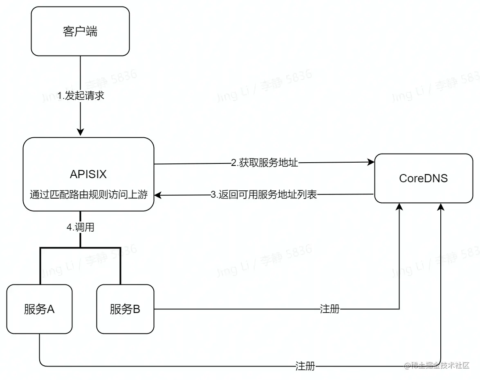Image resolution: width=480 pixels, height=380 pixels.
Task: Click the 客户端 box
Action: click(80, 31)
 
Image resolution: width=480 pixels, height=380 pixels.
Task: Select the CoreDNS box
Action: click(423, 178)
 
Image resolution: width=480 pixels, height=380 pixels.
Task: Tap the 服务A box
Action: click(39, 309)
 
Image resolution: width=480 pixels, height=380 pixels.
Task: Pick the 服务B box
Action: click(125, 309)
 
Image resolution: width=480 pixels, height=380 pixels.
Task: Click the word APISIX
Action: click(88, 174)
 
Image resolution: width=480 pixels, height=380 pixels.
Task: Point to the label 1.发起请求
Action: click(81, 96)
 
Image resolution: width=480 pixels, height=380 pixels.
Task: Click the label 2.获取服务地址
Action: click(265, 163)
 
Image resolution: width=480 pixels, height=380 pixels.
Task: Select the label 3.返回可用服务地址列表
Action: click(264, 195)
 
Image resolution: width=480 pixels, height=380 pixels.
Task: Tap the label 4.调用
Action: click(81, 228)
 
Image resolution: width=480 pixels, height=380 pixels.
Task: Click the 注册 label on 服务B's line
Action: click(330, 309)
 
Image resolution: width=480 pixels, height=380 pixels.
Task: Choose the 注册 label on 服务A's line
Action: click(305, 366)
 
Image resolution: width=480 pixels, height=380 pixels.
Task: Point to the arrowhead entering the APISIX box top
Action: click(81, 132)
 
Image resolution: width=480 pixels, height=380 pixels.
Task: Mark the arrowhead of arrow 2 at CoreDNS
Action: click(371, 163)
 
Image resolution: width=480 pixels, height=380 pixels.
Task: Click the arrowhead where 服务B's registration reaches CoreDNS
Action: click(399, 207)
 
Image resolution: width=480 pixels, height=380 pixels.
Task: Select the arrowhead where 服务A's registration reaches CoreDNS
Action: click(441, 207)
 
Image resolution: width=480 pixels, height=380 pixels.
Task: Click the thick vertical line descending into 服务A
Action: click(40, 266)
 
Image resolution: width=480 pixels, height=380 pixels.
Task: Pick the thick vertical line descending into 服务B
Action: click(120, 266)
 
